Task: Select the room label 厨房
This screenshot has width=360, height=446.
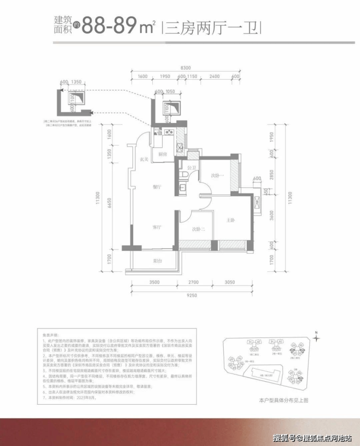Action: click(162, 154)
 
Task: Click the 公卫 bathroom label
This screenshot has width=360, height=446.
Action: click(192, 168)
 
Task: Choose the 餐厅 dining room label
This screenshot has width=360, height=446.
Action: click(157, 187)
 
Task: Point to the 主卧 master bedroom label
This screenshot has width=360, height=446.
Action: click(231, 220)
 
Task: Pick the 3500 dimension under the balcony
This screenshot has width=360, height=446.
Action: click(154, 282)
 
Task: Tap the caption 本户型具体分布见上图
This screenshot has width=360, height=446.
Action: click(284, 400)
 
